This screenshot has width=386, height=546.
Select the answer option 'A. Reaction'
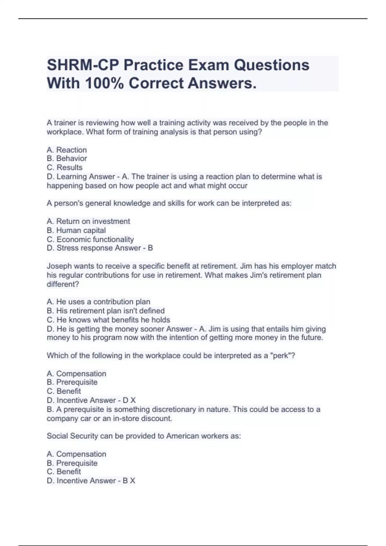(67, 150)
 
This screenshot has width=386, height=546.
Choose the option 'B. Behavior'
(67, 158)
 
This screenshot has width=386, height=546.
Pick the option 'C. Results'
(64, 167)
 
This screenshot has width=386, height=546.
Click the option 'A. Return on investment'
(88, 221)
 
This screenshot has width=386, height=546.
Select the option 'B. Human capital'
(76, 230)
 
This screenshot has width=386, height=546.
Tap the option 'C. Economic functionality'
(90, 239)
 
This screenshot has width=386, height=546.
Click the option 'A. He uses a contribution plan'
(98, 302)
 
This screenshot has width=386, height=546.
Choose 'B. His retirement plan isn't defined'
(106, 311)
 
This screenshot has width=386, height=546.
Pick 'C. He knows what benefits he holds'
(108, 320)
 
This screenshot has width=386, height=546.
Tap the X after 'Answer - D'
(133, 400)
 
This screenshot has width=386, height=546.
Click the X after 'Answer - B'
(132, 481)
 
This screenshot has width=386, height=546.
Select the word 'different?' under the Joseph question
(63, 284)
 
